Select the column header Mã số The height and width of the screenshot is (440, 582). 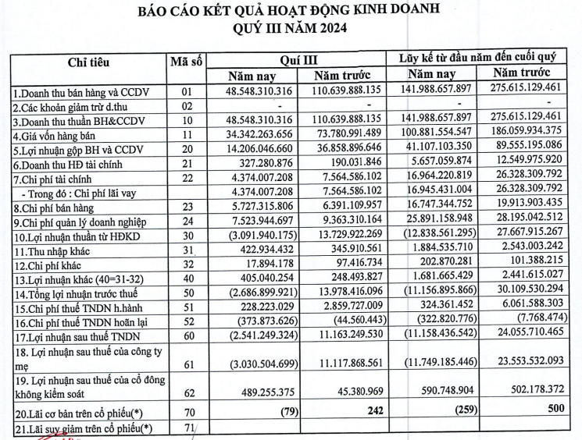click(x=186, y=59)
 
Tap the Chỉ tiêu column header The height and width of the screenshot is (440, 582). click(x=88, y=62)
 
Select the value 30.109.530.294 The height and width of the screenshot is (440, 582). click(x=534, y=304)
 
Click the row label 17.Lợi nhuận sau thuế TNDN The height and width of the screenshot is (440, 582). click(x=73, y=347)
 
